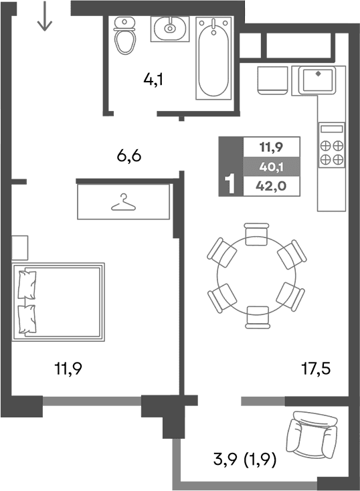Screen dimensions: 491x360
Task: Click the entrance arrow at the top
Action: [x=44, y=17]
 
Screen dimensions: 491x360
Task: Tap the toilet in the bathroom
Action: [x=124, y=37]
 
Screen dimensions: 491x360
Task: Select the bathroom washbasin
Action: [x=169, y=28]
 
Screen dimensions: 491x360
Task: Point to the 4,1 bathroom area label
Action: [x=153, y=80]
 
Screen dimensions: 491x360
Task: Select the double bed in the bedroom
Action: [x=59, y=302]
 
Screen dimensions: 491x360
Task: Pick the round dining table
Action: [x=257, y=274]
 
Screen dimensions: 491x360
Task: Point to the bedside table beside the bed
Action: [x=19, y=248]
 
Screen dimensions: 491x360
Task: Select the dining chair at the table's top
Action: [x=257, y=235]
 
